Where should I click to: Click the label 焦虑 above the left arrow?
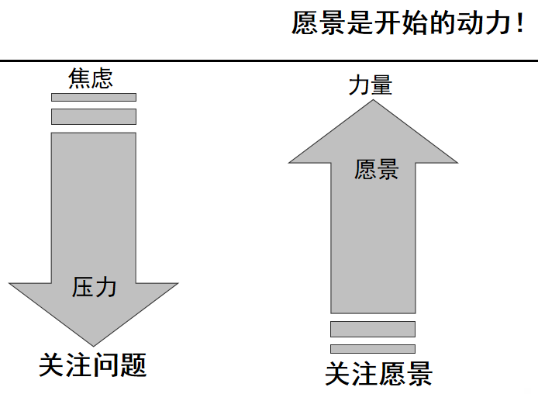[x=91, y=79]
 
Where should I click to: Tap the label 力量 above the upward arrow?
[x=370, y=85]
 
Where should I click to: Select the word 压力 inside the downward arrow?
[x=94, y=287]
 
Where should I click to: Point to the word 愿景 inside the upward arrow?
[x=376, y=169]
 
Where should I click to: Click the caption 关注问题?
[x=93, y=365]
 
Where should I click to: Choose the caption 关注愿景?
[x=378, y=375]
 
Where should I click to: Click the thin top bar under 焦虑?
[x=94, y=97]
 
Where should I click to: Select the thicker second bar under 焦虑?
[x=94, y=116]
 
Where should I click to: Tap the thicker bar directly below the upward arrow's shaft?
[x=373, y=329]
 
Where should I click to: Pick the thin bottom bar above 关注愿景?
[x=373, y=348]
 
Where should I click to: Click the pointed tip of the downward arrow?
[x=94, y=344]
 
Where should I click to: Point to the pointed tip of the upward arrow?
[x=373, y=100]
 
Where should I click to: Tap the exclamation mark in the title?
[x=519, y=24]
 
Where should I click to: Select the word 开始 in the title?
[x=403, y=24]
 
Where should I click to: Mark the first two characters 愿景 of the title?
[x=319, y=24]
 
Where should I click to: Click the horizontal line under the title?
[x=269, y=60]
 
